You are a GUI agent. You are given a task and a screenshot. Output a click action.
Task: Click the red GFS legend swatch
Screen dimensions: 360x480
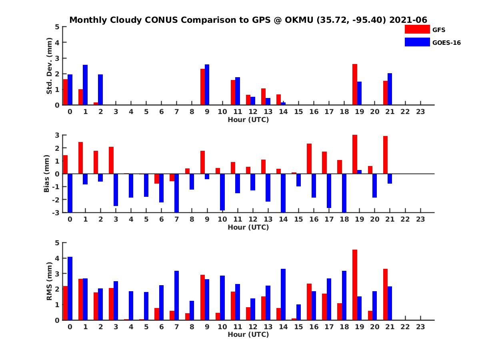tap(417, 30)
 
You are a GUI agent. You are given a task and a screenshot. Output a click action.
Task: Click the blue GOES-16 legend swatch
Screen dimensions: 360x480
tap(417, 42)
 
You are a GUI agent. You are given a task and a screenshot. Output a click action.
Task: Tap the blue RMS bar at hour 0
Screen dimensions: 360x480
tap(70, 288)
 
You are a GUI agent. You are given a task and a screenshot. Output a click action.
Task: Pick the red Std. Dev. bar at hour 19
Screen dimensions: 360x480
tap(355, 84)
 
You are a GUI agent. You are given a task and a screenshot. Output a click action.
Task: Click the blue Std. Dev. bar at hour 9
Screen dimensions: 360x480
tap(207, 85)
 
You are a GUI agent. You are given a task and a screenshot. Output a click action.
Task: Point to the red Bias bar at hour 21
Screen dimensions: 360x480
tap(385, 155)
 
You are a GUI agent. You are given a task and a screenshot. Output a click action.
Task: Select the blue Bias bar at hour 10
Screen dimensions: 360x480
tap(222, 192)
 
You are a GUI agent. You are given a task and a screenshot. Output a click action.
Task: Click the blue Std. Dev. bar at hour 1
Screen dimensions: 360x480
tap(85, 85)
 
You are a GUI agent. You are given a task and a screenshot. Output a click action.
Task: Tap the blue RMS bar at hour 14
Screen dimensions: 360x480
tap(283, 294)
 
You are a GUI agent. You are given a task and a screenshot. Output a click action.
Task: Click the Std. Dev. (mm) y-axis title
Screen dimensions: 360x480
tap(50, 66)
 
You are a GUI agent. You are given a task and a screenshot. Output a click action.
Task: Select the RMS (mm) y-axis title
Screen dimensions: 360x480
tap(50, 281)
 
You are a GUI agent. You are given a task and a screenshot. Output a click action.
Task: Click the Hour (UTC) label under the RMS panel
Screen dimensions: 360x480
tap(248, 334)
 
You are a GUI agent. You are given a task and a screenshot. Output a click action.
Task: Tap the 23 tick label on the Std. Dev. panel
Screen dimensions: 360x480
tap(420, 112)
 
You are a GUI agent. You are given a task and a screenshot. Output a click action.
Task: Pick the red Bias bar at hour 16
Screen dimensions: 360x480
tap(309, 158)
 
